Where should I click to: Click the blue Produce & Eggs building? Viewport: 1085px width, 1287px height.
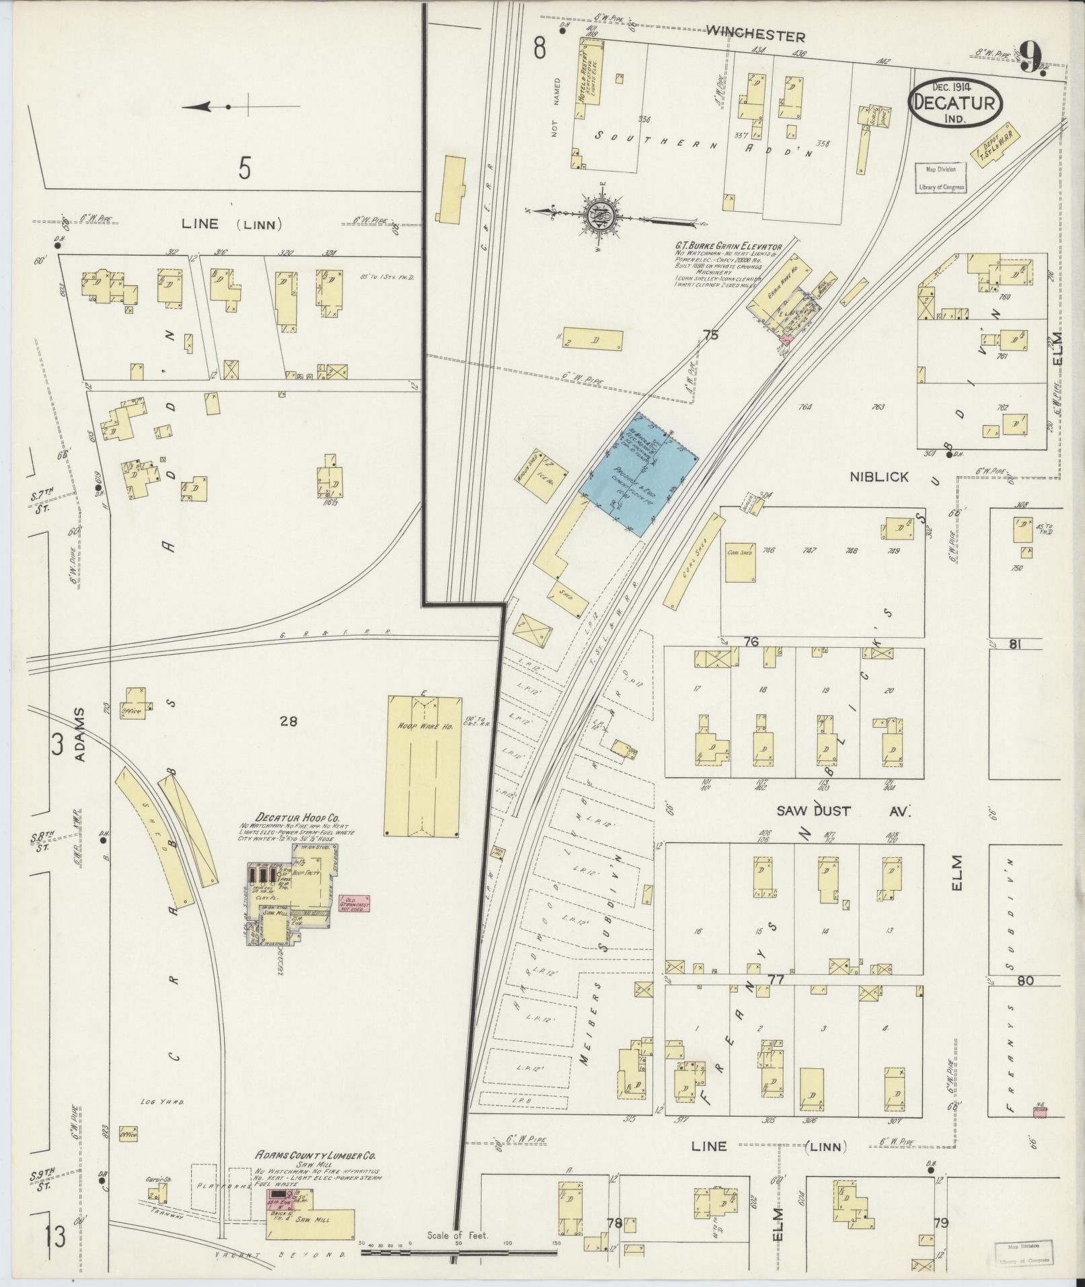(638, 475)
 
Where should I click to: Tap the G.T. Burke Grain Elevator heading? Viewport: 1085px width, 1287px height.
(728, 247)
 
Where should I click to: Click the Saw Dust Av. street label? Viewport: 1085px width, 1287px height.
(843, 811)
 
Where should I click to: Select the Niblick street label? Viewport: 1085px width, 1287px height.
(879, 477)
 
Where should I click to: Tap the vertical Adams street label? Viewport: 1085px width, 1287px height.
(81, 734)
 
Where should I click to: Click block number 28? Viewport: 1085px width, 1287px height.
(289, 722)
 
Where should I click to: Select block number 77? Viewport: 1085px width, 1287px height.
(777, 980)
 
